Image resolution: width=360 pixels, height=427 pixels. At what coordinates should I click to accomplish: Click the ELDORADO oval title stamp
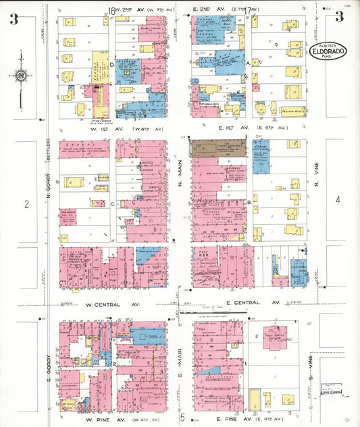pos(328,50)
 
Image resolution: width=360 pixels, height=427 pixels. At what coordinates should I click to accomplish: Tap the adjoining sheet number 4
pos(338,199)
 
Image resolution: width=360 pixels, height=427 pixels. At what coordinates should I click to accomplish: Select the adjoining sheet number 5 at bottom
pos(182,417)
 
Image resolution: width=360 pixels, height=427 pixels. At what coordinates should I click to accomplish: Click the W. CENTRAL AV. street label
pos(112,305)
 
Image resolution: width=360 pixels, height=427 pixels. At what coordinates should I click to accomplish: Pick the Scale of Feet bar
pos(213,312)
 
